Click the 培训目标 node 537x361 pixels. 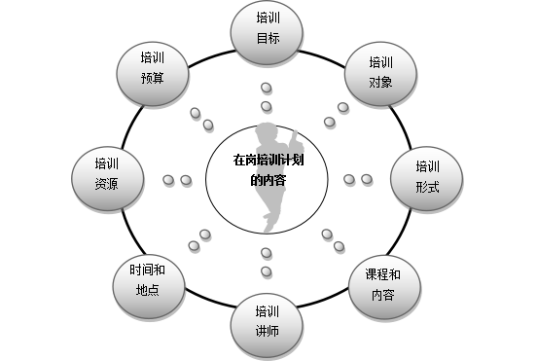pos(268,29)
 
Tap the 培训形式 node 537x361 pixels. pos(427,175)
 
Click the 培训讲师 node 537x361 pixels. pos(268,322)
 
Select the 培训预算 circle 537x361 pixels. pos(153,70)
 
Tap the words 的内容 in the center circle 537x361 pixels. pos(268,180)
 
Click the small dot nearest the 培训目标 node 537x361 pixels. pos(267,89)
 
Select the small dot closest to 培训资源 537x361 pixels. pos(167,180)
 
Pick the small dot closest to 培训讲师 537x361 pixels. pos(266,271)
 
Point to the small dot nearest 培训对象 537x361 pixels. pos(341,108)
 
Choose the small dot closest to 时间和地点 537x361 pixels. pos(194,247)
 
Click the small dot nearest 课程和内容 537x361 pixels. pos(340,247)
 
